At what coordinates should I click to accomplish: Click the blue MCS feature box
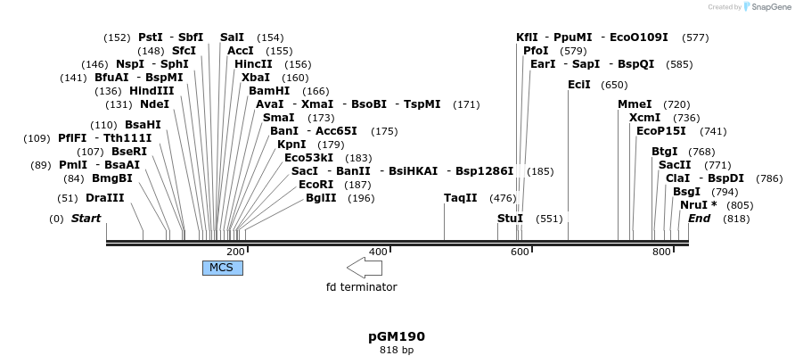click(222, 268)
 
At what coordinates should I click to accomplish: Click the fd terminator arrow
click(365, 268)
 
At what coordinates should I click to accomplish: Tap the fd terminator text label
click(361, 287)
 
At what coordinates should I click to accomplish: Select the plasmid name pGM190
click(397, 336)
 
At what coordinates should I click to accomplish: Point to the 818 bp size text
click(397, 351)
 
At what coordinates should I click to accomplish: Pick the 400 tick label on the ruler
click(378, 252)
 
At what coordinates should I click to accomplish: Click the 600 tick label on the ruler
click(520, 252)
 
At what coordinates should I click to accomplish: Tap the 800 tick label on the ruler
click(661, 252)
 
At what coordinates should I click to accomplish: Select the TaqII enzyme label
click(461, 197)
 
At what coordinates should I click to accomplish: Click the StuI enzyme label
click(510, 219)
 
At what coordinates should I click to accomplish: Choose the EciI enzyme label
click(578, 85)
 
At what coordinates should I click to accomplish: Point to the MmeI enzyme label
click(635, 104)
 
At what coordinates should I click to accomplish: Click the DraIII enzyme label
click(104, 197)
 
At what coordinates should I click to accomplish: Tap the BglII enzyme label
click(321, 197)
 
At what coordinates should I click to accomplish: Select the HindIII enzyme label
click(152, 91)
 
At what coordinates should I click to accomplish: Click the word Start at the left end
click(86, 219)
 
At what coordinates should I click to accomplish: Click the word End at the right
click(699, 219)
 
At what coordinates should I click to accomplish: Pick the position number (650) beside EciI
click(614, 86)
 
